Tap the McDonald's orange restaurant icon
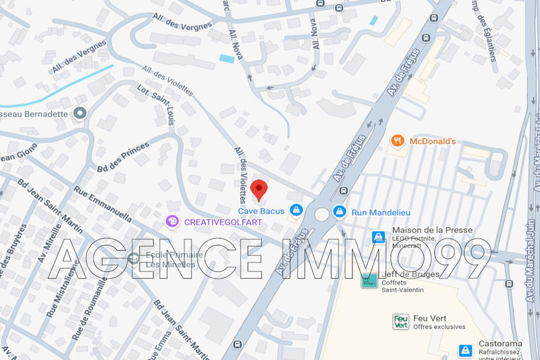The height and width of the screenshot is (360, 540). click(398, 141)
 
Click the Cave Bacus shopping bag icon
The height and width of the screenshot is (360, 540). click(295, 211)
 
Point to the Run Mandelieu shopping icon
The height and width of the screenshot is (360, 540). click(340, 211)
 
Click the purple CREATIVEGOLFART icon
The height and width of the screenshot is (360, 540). click(173, 221)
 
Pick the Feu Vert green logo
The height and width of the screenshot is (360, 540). click(400, 322)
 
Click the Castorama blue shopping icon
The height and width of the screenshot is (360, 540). click(465, 351)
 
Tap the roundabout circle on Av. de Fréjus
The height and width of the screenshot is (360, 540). click(321, 215)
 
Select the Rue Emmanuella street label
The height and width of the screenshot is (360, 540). click(103, 204)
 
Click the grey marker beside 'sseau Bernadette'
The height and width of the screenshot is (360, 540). click(80, 113)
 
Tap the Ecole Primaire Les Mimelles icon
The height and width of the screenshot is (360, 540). click(132, 257)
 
